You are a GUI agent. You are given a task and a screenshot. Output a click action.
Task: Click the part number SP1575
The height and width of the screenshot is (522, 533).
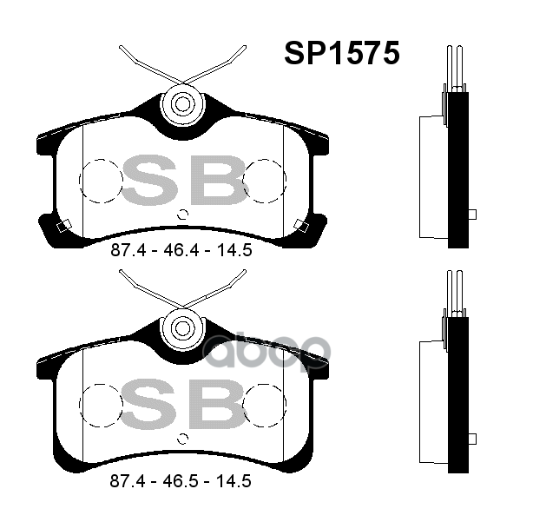[x=342, y=53]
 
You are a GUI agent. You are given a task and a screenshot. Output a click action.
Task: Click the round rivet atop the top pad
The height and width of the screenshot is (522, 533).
[x=181, y=104]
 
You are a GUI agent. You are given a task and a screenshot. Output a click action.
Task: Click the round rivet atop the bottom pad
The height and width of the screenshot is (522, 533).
[x=181, y=327]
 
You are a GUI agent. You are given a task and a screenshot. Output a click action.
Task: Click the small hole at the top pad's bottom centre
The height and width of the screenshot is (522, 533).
[x=182, y=215]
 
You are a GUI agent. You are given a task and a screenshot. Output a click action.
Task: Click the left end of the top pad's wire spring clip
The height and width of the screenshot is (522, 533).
[x=121, y=47]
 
